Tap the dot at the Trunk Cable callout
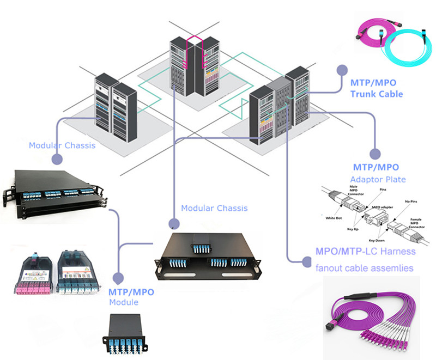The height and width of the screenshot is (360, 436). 342,70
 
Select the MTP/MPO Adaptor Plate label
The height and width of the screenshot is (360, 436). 376,173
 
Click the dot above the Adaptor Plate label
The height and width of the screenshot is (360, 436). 374,154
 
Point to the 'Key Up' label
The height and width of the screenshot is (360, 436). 351,231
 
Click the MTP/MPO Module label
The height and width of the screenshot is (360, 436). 131,297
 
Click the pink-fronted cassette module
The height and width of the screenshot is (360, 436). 32,271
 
